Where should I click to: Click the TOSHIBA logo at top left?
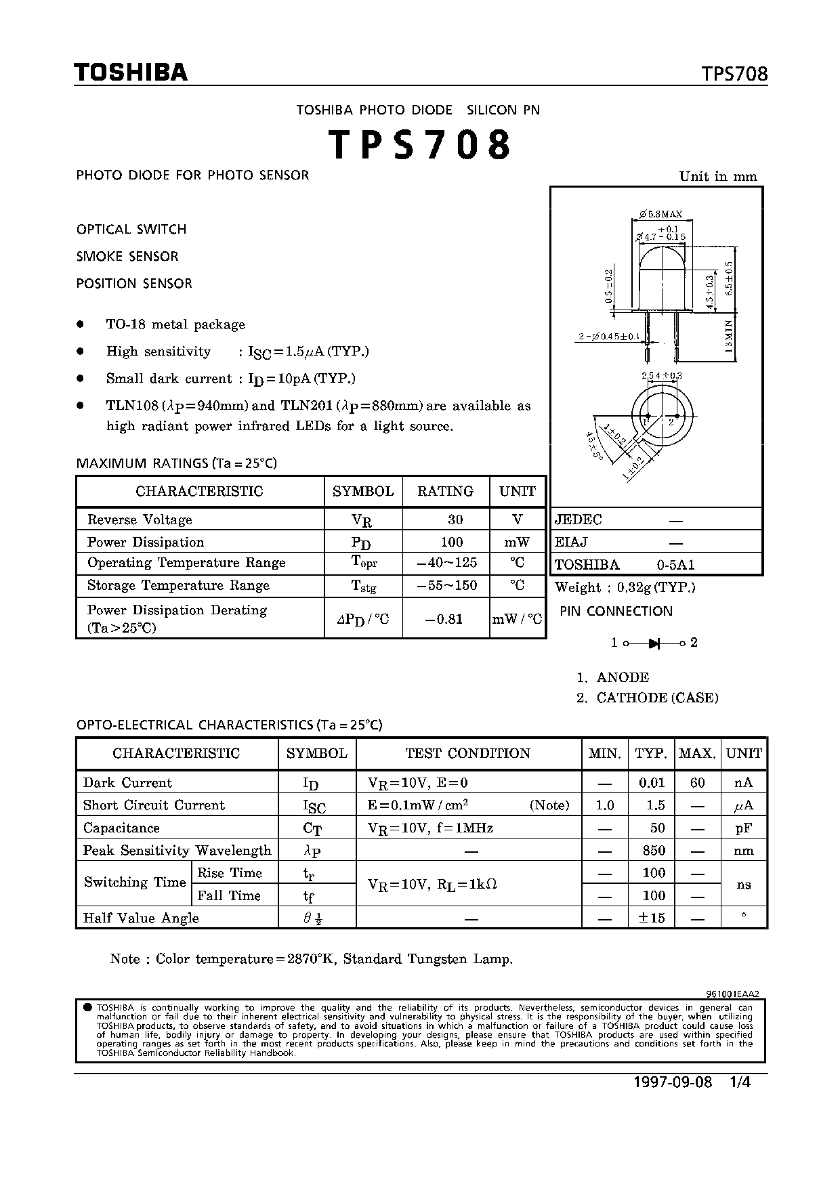coord(130,72)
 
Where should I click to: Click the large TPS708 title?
coord(419,145)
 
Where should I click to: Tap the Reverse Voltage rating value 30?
coord(455,519)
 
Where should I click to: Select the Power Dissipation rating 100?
coord(451,542)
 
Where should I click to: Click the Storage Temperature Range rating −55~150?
coord(446,585)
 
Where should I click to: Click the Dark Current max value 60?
coord(697,782)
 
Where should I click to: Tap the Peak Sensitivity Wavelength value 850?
coord(654,850)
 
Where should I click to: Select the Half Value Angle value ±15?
coord(652,918)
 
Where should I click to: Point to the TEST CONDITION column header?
coord(467,753)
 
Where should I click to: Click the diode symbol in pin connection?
coord(654,643)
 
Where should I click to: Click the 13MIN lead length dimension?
coord(729,337)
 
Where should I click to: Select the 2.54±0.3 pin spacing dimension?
coord(661,375)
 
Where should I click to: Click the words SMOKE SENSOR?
coord(127,256)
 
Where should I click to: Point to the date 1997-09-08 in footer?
coord(673,1082)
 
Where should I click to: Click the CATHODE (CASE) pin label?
coord(657,698)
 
